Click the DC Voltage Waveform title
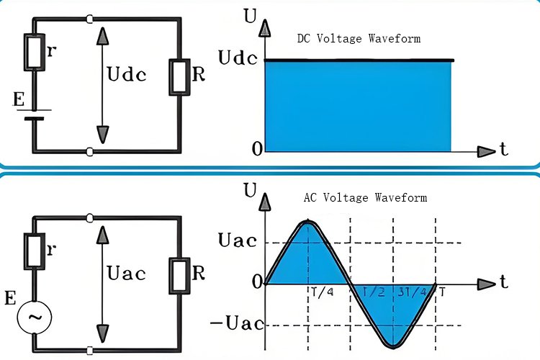click(x=359, y=38)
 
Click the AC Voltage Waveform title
click(x=366, y=197)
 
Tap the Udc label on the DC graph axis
click(x=238, y=59)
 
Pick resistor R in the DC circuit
click(x=179, y=76)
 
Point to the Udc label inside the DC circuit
click(x=126, y=75)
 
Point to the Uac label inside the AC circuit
click(x=126, y=273)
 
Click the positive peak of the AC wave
click(x=308, y=223)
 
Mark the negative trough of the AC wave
click(x=393, y=343)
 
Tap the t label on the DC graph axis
click(x=503, y=150)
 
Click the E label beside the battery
click(x=19, y=100)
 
